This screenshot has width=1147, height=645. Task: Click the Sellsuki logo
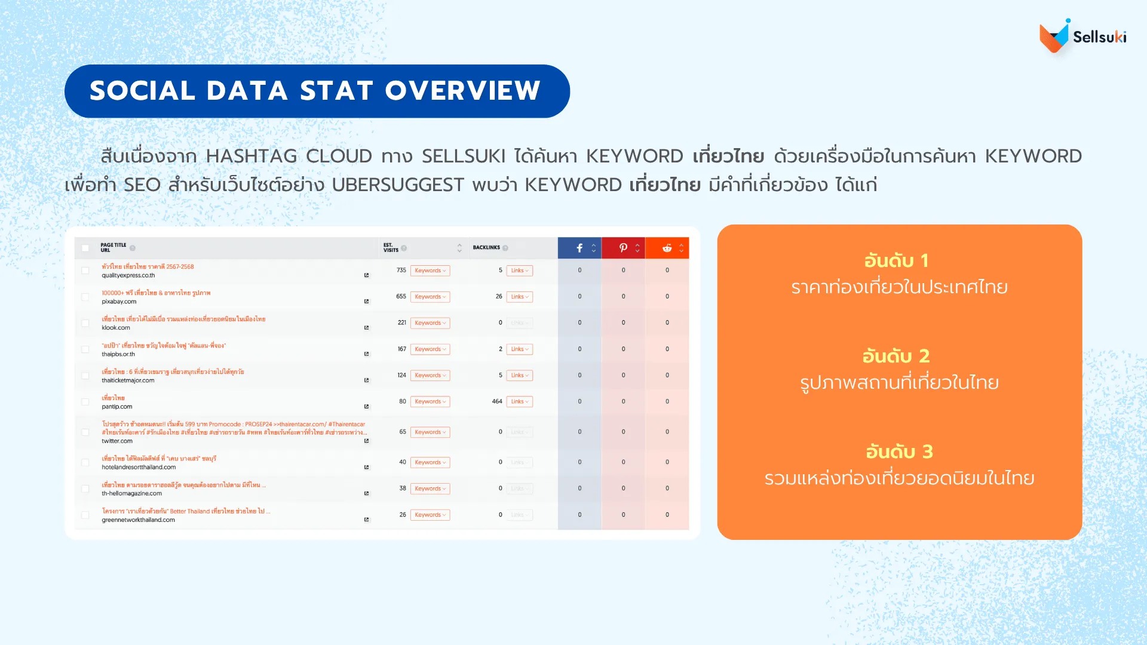1082,36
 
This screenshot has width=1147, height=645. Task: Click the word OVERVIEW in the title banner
462,91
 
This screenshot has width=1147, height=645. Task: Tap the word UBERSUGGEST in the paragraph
397,185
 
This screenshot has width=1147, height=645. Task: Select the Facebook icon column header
579,248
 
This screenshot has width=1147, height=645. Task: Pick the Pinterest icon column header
623,248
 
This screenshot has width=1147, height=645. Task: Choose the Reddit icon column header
667,248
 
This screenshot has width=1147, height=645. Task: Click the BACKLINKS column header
486,247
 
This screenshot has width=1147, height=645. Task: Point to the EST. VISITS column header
391,247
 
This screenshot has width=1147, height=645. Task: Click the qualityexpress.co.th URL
128,275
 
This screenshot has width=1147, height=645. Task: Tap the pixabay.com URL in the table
119,302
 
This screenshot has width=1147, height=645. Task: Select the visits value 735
401,270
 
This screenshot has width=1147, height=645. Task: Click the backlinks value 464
497,401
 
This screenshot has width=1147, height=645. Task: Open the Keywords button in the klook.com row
430,323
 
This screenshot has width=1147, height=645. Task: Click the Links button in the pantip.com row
519,402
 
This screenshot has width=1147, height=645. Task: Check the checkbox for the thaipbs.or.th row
85,349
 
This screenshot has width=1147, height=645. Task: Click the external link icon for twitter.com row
366,441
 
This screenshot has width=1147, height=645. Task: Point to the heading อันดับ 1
896,260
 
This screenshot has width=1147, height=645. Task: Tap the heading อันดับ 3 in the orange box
899,451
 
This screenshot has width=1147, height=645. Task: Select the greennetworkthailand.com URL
138,520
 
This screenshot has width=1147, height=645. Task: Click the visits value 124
401,375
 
